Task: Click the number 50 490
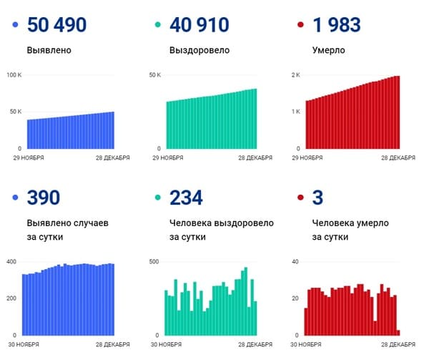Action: tap(56, 26)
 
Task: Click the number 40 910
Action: tap(199, 26)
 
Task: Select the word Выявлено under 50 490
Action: tap(49, 52)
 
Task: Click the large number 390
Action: tap(44, 198)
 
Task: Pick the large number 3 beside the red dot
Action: tap(319, 198)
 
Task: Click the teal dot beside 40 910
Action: tap(159, 26)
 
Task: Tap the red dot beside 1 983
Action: tap(300, 26)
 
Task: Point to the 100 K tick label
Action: tap(14, 75)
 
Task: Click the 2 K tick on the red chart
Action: tap(295, 75)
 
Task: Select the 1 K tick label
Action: tap(295, 112)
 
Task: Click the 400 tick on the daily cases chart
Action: tap(11, 261)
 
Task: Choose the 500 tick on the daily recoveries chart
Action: tap(153, 261)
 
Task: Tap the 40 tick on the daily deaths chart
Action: tap(295, 261)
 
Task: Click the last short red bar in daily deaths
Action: tap(398, 332)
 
